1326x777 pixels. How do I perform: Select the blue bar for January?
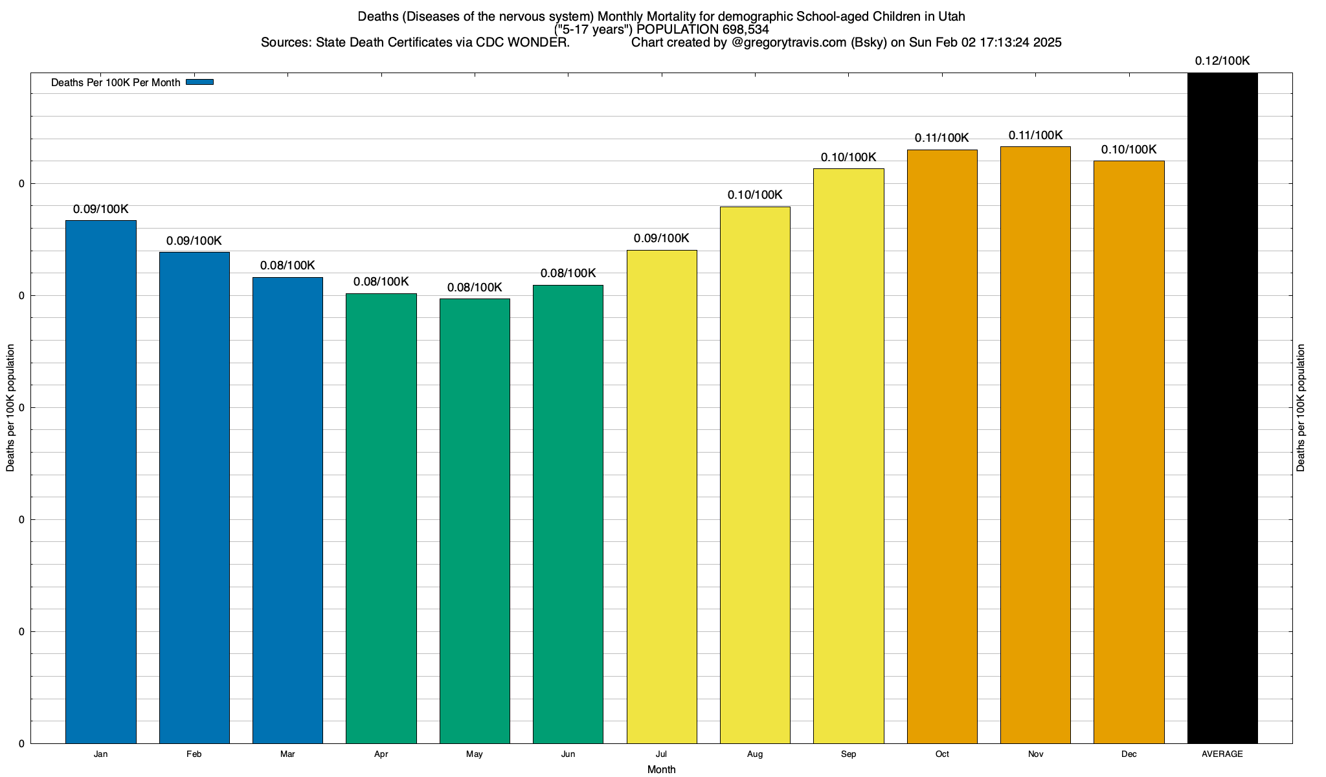[x=100, y=482]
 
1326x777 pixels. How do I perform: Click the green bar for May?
[x=475, y=521]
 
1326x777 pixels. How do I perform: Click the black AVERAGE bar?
[x=1222, y=408]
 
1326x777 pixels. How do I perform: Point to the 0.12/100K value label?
[x=1222, y=61]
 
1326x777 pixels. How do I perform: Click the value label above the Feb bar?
[x=194, y=241]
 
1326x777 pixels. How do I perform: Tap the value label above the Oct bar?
[x=942, y=138]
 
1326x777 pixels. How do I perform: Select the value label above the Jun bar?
[x=568, y=273]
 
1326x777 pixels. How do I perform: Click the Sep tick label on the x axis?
[x=848, y=754]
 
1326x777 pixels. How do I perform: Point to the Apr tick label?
[x=381, y=754]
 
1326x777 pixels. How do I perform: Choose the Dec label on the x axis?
[x=1129, y=754]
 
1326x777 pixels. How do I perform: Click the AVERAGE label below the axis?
[x=1222, y=754]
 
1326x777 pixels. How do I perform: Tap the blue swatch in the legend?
[x=199, y=82]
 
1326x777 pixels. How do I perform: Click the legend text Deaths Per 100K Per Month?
[x=115, y=82]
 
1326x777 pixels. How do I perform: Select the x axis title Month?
[x=661, y=769]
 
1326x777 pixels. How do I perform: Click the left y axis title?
[x=10, y=408]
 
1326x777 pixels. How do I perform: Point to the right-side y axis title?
[x=1301, y=408]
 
